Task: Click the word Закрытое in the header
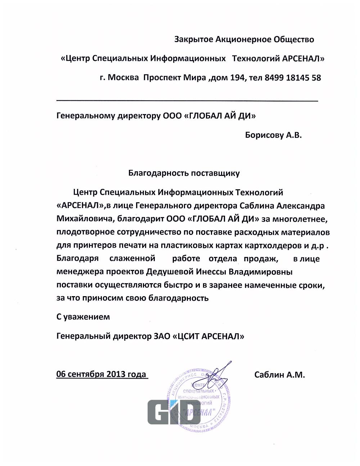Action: [x=193, y=40]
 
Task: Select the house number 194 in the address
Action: [x=238, y=78]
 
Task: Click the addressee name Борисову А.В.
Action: [x=273, y=135]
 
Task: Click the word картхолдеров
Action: [x=272, y=246]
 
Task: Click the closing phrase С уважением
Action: [x=83, y=317]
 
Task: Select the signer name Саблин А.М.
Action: [x=279, y=375]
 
